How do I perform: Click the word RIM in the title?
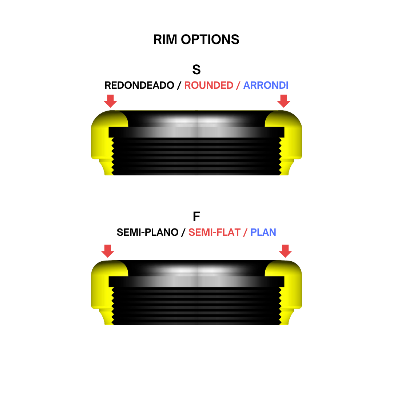165,40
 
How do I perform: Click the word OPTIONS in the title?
210,40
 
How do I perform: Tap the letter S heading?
196,70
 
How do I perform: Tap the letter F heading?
196,217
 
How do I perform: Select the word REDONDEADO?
139,85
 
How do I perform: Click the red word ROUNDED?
209,85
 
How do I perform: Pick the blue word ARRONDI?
266,85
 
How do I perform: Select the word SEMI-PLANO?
148,232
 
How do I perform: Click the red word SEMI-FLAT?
215,232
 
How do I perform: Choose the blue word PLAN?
263,232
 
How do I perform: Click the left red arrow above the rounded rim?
110,101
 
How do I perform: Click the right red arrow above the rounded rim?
284,101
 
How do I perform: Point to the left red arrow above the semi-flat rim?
108,251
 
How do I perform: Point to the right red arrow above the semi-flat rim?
285,251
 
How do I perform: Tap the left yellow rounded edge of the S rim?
105,140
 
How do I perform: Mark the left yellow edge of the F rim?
105,291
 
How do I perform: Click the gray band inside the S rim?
196,132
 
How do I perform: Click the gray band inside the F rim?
196,282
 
